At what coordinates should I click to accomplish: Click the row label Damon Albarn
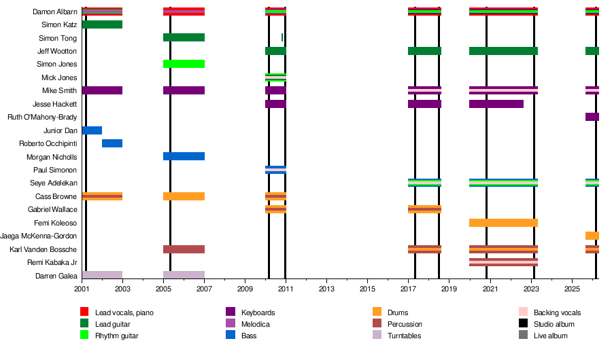pyautogui.click(x=55, y=12)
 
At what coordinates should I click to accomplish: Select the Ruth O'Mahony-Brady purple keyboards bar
pyautogui.click(x=592, y=117)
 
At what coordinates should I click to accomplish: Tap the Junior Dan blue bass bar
pyautogui.click(x=92, y=130)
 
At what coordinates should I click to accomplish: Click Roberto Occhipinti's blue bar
pyautogui.click(x=112, y=143)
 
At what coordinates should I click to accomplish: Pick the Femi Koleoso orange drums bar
pyautogui.click(x=503, y=223)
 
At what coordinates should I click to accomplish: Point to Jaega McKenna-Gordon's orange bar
pyautogui.click(x=592, y=236)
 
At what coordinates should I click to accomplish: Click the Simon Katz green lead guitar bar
pyautogui.click(x=102, y=24)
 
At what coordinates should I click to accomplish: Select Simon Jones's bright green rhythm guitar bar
pyautogui.click(x=184, y=64)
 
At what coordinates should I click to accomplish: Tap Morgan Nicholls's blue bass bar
pyautogui.click(x=184, y=156)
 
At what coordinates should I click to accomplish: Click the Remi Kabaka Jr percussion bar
pyautogui.click(x=503, y=262)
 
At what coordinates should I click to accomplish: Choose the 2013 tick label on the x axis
pyautogui.click(x=327, y=289)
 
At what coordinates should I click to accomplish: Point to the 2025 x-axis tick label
pyautogui.click(x=572, y=289)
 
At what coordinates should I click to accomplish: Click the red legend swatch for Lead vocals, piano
pyautogui.click(x=85, y=312)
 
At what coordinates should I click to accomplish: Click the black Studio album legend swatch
pyautogui.click(x=524, y=324)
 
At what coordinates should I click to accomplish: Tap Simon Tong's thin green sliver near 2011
pyautogui.click(x=282, y=37)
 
